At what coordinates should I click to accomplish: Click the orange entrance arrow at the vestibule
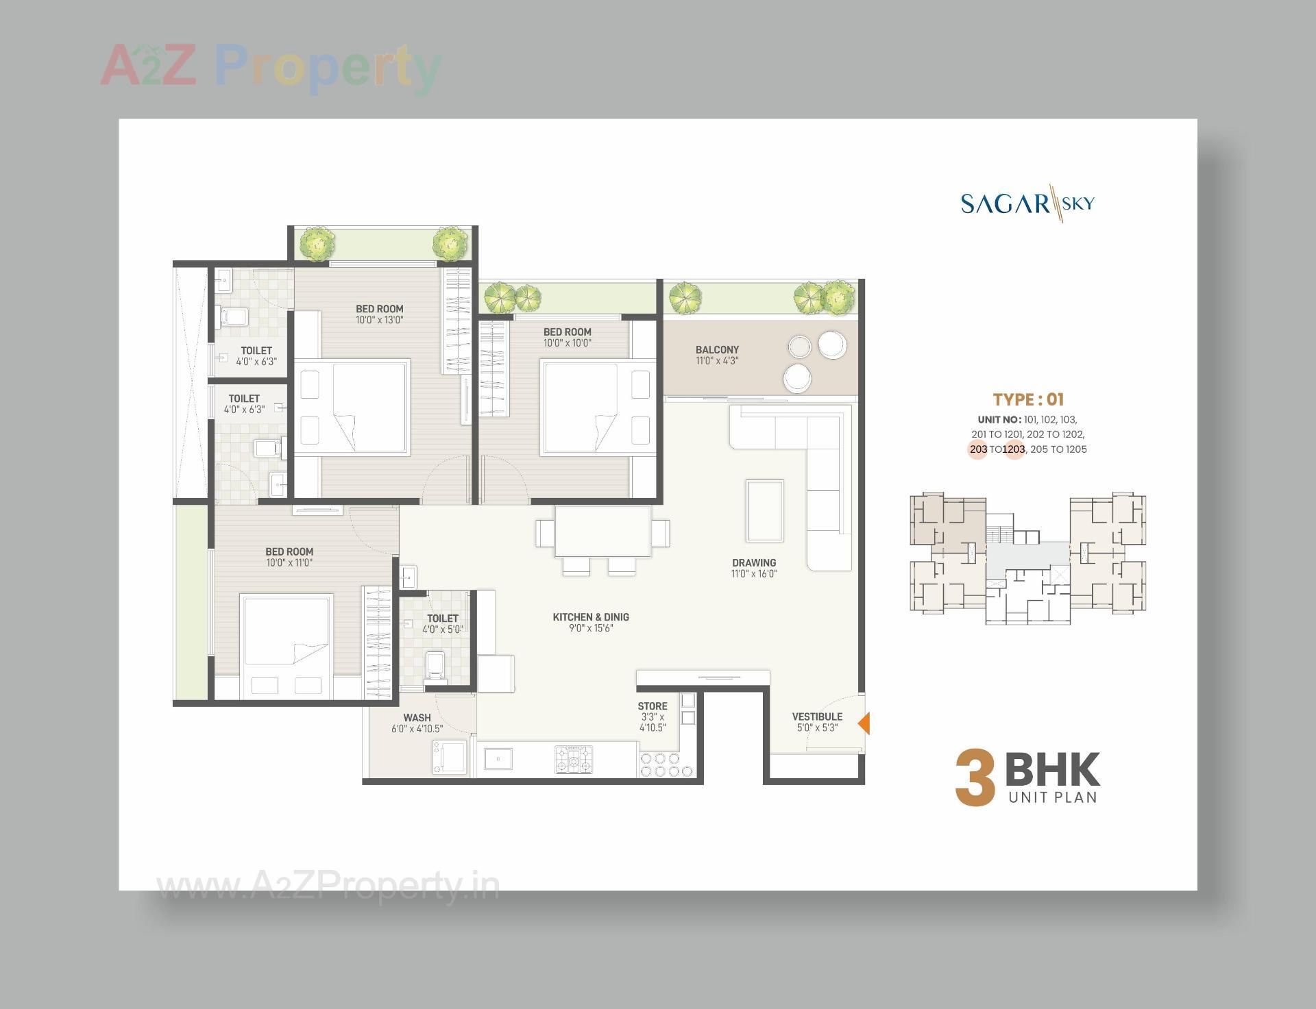click(x=865, y=723)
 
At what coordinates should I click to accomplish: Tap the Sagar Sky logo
click(x=1027, y=203)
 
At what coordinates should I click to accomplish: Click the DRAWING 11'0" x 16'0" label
click(x=754, y=568)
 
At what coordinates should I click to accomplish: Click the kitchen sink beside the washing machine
click(x=498, y=759)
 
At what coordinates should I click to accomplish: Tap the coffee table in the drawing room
click(x=765, y=511)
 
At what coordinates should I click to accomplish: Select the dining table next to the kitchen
click(x=602, y=532)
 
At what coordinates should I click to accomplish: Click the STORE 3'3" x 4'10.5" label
click(x=652, y=717)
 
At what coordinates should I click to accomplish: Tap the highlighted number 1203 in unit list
click(x=1013, y=449)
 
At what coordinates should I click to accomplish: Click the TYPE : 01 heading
click(x=1028, y=399)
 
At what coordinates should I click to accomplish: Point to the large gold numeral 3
click(x=975, y=779)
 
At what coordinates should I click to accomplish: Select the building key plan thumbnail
click(x=1027, y=558)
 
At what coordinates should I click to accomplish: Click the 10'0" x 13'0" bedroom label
click(x=379, y=314)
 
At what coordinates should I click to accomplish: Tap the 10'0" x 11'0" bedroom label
click(x=289, y=557)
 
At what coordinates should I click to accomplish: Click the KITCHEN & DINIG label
click(x=591, y=622)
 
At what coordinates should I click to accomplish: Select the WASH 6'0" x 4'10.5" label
click(x=417, y=723)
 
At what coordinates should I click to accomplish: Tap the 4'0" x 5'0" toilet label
click(x=442, y=623)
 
